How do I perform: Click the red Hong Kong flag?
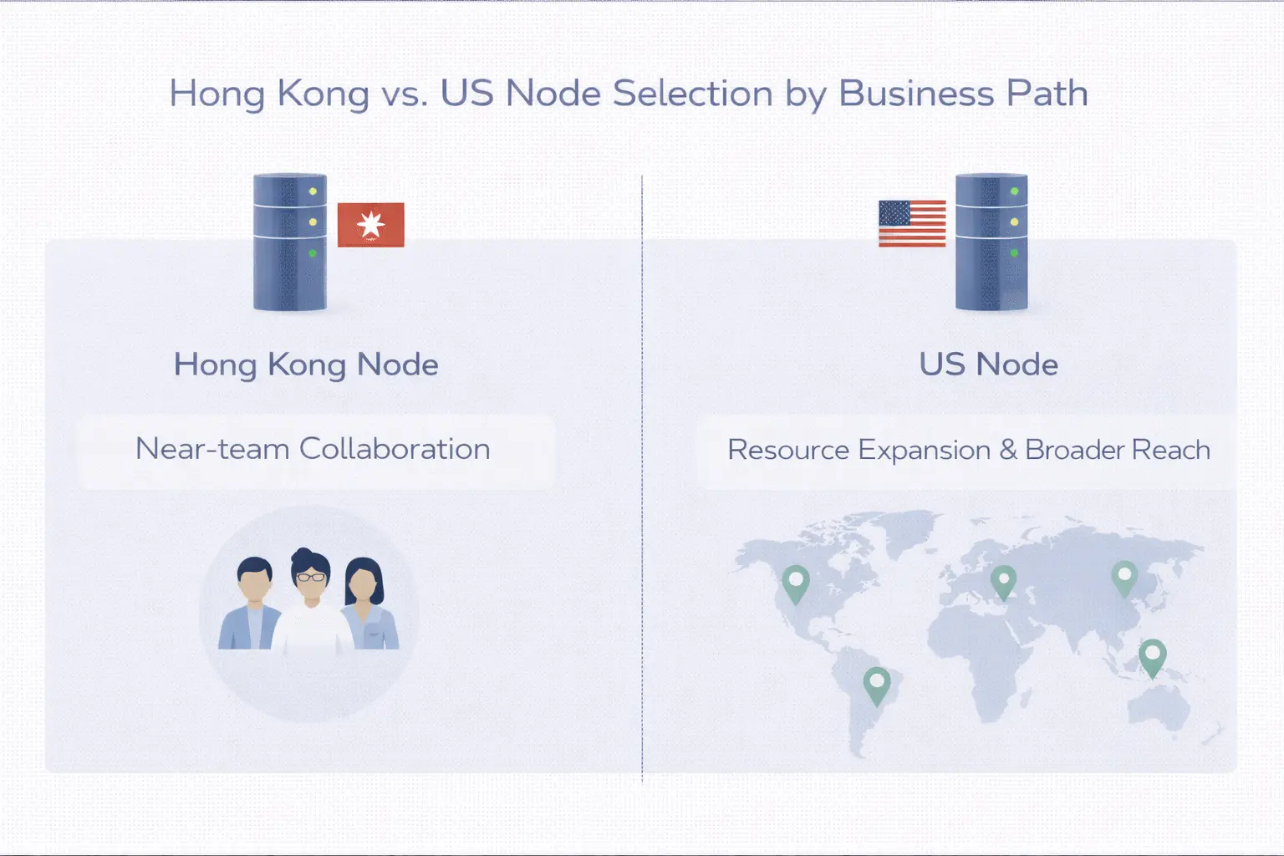point(370,224)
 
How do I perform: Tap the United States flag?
point(912,223)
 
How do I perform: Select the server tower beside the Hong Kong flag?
point(290,242)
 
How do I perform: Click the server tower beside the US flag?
point(991,242)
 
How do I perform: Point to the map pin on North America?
point(796,582)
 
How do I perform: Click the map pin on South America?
point(876,685)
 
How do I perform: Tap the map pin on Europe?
point(1003,580)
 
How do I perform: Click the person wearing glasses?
point(311,602)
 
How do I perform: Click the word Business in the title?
point(916,94)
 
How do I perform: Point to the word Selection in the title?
point(693,94)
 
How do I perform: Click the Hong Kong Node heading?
point(306,364)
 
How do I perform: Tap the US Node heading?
point(988,364)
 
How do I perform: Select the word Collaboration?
point(395,449)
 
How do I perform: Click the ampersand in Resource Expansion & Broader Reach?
point(1008,450)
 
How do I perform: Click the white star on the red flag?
point(370,224)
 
